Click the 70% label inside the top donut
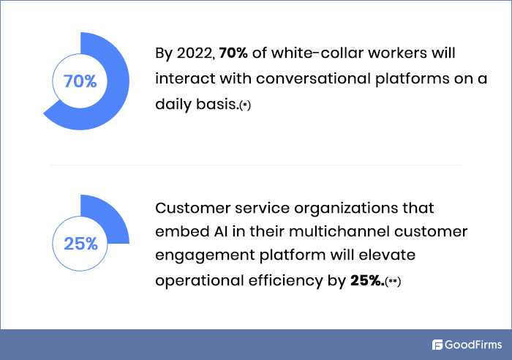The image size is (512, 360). tap(80, 81)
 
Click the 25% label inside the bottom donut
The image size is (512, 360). tap(80, 244)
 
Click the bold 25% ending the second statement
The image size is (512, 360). tap(367, 281)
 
